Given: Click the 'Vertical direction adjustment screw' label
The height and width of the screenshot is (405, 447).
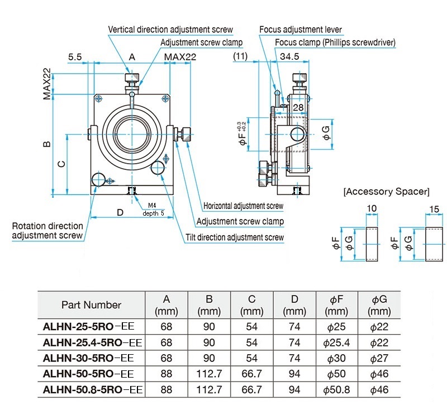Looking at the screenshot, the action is pyautogui.click(x=170, y=30).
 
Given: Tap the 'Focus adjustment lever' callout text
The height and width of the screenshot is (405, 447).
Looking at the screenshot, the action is pyautogui.click(x=301, y=30).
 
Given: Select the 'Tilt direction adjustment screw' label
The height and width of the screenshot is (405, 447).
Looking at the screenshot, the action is pyautogui.click(x=235, y=237).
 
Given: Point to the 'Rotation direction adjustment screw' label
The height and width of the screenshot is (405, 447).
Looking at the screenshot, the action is pyautogui.click(x=47, y=231).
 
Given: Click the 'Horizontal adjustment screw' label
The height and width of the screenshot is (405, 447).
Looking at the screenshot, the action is pyautogui.click(x=243, y=206).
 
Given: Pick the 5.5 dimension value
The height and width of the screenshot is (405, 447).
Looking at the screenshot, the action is pyautogui.click(x=75, y=57).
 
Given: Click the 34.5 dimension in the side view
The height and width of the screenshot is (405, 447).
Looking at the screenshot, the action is pyautogui.click(x=289, y=56).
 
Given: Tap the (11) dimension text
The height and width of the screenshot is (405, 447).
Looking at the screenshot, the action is pyautogui.click(x=240, y=56).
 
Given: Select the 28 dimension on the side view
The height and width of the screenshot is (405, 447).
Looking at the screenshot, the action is pyautogui.click(x=298, y=107).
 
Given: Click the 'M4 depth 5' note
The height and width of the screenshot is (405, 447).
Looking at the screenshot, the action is pyautogui.click(x=153, y=209).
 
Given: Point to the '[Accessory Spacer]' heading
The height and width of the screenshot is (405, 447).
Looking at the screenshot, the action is pyautogui.click(x=386, y=192).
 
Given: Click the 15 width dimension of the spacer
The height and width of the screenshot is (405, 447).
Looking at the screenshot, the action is pyautogui.click(x=434, y=209).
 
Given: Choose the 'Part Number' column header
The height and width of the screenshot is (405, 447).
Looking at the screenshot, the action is pyautogui.click(x=91, y=305).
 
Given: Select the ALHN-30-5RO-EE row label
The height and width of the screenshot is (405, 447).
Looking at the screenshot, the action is pyautogui.click(x=88, y=358).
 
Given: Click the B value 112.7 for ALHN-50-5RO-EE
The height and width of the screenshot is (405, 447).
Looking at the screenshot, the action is pyautogui.click(x=209, y=374).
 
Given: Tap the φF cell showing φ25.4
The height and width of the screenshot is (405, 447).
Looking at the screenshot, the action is pyautogui.click(x=336, y=342).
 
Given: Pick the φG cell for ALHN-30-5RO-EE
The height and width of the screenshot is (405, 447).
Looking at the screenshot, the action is pyautogui.click(x=379, y=358).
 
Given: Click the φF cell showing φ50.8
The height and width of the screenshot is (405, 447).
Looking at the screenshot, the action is pyautogui.click(x=336, y=389).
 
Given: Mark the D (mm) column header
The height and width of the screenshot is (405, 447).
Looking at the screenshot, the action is pyautogui.click(x=294, y=305).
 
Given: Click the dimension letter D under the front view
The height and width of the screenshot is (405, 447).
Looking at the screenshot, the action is pyautogui.click(x=120, y=212).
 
